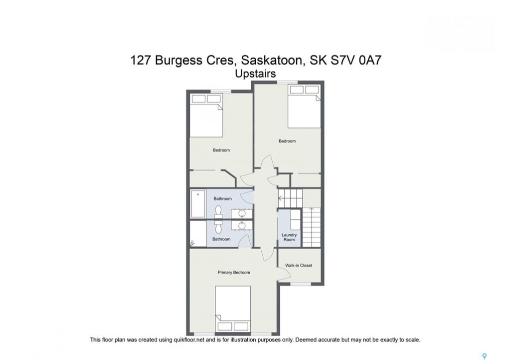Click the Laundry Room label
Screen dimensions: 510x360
coord(289,237)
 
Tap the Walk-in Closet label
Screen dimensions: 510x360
coord(299,265)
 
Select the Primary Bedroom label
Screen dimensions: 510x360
coord(234,272)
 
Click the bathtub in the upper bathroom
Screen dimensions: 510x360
coord(198,203)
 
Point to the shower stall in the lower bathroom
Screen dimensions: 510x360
coord(198,234)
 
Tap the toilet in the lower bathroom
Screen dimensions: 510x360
coord(218,226)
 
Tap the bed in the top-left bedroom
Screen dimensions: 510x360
coord(206,115)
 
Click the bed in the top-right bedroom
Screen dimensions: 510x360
coord(304,106)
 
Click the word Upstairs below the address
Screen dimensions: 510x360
coord(255,74)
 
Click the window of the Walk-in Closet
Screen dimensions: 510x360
coord(300,284)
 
